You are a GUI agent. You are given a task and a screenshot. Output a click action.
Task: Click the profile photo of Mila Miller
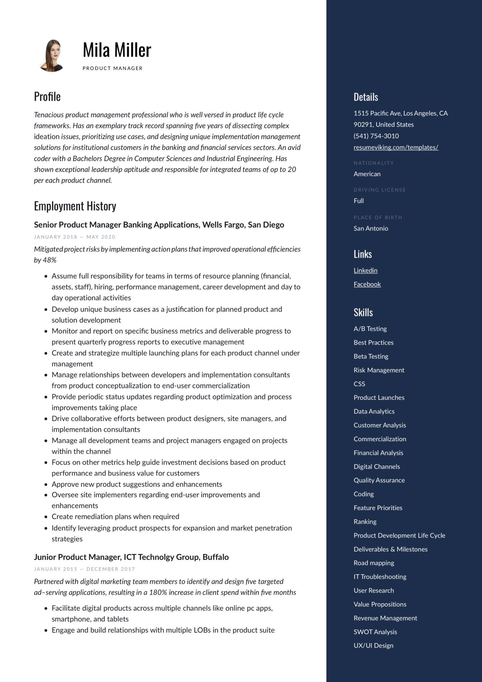[x=52, y=56]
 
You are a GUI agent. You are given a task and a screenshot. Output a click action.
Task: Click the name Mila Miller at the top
[x=117, y=50]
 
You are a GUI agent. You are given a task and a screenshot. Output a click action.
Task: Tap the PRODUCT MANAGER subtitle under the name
[x=113, y=68]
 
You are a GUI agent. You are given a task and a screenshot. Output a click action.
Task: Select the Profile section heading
[x=47, y=97]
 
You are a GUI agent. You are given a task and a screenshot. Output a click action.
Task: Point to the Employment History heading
[x=75, y=206]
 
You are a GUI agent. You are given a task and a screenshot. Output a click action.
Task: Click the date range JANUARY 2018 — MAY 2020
[x=75, y=237]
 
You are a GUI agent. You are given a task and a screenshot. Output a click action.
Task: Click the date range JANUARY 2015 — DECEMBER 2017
[x=84, y=569]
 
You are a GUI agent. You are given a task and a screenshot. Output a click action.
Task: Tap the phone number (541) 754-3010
[x=376, y=136]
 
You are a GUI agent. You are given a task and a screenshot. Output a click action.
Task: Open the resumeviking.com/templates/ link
[x=396, y=147]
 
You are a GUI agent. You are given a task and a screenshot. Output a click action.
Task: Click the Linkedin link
[x=365, y=270]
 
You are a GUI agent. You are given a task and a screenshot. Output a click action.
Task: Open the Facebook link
[x=367, y=284]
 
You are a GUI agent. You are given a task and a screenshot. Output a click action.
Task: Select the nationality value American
[x=367, y=174]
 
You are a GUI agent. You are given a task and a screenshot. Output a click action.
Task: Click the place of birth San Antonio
[x=371, y=228]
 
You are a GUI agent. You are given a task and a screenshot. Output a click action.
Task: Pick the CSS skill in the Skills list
[x=359, y=384]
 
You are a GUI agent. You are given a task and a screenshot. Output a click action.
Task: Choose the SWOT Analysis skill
[x=375, y=632]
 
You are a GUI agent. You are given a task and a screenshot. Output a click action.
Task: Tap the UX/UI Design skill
[x=373, y=645]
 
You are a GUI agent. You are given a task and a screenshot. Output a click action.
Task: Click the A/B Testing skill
[x=370, y=329]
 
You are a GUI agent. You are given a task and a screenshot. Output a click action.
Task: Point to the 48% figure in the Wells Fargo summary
[x=50, y=260]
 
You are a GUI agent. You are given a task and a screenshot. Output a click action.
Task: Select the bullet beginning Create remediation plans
[x=115, y=516]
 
